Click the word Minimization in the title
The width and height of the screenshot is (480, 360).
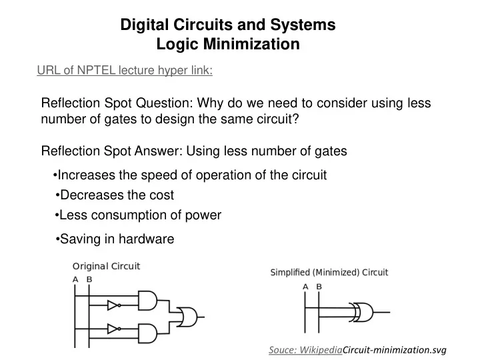tap(251, 44)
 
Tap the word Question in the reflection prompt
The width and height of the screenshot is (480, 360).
tap(165, 103)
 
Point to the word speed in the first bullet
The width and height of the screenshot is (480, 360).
tap(159, 175)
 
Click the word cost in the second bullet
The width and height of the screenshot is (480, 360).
tap(161, 195)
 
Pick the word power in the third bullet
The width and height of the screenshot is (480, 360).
tap(203, 215)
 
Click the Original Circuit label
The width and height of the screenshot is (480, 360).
tap(106, 266)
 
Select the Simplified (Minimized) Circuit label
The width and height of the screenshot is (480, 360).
tap(329, 272)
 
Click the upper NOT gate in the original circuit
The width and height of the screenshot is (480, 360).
tap(114, 305)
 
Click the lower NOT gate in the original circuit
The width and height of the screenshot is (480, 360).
tap(114, 329)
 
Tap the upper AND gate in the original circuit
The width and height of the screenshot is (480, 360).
tap(147, 300)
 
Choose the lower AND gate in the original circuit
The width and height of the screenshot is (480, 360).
tap(147, 333)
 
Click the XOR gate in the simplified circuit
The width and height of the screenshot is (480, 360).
tap(362, 312)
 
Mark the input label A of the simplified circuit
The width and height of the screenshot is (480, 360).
tap(305, 287)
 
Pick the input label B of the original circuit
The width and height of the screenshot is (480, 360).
tap(89, 279)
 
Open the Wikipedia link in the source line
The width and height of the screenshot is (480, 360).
tap(321, 350)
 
